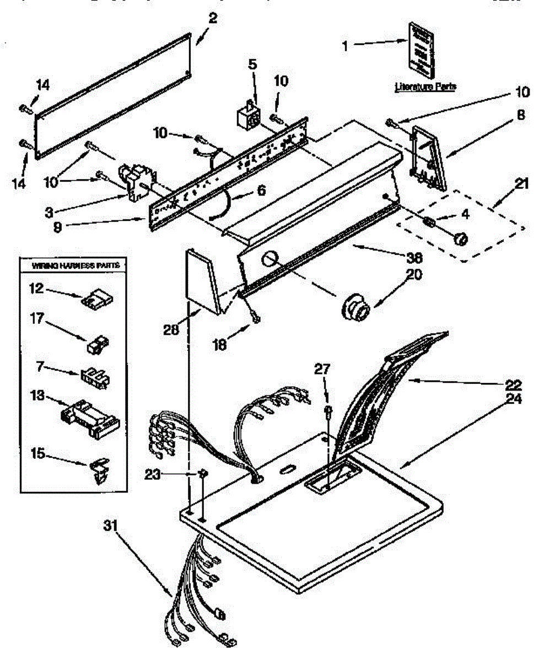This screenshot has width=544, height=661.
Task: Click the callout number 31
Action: pos(111,525)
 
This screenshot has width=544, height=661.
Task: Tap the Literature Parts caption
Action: pos(425,86)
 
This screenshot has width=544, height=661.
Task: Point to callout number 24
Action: pos(514,398)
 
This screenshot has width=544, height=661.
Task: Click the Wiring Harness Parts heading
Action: pos(75,266)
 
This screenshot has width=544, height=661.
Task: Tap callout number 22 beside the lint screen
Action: pos(514,384)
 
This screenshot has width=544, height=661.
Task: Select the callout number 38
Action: pos(414,257)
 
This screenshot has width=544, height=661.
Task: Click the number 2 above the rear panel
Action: pos(213,18)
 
